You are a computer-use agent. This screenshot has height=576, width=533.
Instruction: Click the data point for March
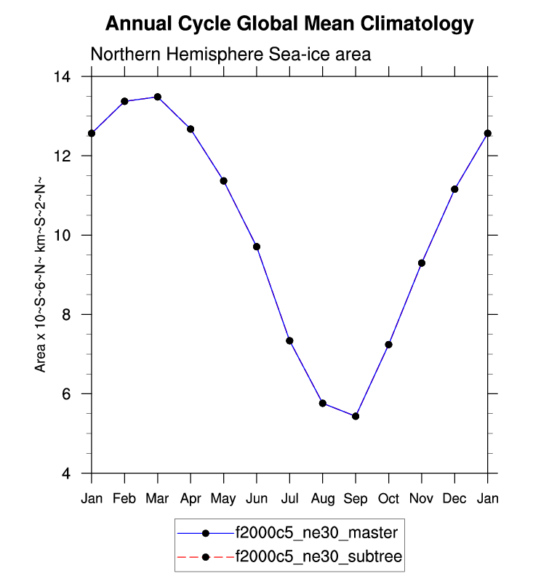(158, 97)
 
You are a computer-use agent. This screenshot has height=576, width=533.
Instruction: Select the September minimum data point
(356, 416)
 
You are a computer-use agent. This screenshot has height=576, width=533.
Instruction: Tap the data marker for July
(289, 340)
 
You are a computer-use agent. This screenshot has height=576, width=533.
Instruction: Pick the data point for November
(422, 263)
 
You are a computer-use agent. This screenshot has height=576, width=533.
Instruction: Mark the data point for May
(224, 180)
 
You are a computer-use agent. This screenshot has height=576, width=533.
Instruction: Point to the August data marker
(323, 403)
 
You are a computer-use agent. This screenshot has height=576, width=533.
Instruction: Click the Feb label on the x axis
(124, 499)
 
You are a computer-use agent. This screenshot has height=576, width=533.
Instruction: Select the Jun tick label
(257, 499)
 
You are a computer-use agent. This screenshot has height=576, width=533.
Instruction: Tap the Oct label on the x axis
(389, 499)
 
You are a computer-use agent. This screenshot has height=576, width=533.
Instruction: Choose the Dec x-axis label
(454, 499)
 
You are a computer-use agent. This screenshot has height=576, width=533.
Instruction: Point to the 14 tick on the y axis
(71, 76)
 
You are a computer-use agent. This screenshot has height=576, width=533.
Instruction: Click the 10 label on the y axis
(71, 235)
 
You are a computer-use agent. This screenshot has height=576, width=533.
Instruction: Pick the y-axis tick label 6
(75, 393)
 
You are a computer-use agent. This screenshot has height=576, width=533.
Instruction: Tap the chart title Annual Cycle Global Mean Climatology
(289, 24)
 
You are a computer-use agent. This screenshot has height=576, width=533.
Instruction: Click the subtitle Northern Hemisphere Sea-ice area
(231, 55)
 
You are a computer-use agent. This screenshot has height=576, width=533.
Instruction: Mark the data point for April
(191, 129)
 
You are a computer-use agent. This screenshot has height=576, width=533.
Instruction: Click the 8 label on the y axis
(75, 314)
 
